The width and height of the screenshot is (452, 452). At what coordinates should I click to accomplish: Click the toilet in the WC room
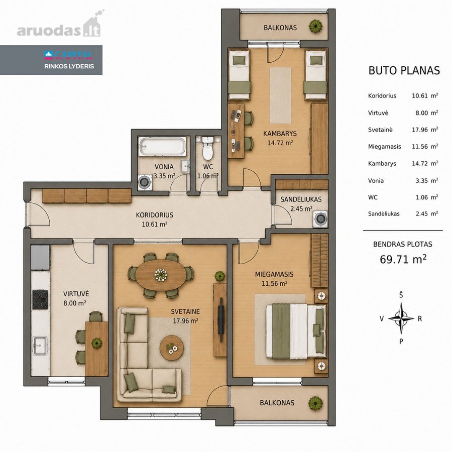[x=207, y=148]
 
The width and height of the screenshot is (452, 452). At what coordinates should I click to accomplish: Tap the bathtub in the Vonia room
[x=162, y=146]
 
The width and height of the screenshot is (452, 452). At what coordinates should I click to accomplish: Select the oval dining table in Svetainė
[x=161, y=275]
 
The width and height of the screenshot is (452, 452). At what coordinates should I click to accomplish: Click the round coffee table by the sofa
[x=172, y=348]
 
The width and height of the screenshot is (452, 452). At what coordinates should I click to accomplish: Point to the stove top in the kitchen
[x=40, y=299]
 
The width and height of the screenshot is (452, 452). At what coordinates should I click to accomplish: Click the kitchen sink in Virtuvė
[x=40, y=346]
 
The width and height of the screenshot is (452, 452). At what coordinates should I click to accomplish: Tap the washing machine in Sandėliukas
[x=320, y=218]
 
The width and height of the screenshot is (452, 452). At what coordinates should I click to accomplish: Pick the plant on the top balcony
[x=316, y=27]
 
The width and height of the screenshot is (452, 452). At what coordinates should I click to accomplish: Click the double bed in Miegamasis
[x=296, y=331]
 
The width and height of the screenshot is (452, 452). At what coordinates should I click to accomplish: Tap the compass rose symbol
[x=401, y=318]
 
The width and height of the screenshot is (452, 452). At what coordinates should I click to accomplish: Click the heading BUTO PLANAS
[x=404, y=71]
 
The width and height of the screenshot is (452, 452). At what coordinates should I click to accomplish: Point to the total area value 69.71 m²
[x=403, y=259]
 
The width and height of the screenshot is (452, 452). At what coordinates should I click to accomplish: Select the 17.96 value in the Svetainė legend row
[x=420, y=130]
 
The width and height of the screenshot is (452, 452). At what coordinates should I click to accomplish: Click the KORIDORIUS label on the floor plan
[x=155, y=215]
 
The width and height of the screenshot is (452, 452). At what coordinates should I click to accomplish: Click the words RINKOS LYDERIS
[x=69, y=66]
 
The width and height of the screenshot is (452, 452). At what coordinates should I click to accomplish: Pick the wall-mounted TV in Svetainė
[x=221, y=319]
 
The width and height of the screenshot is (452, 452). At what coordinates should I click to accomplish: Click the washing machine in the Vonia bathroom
[x=145, y=182]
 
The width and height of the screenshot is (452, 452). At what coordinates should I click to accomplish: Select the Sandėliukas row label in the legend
[x=384, y=214]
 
